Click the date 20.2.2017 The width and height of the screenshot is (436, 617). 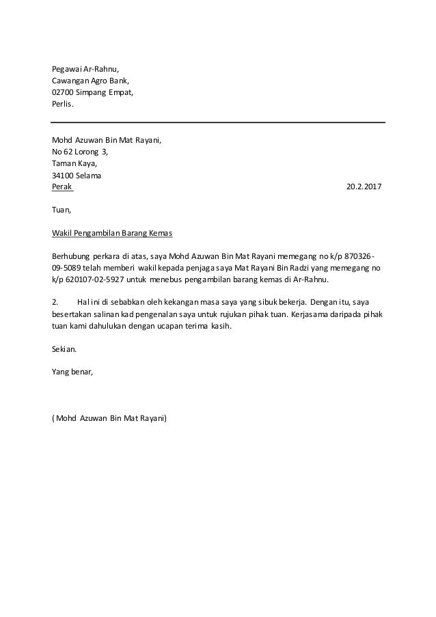coord(366,187)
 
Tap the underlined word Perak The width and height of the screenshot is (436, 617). coord(62,187)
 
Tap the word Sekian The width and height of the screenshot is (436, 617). coord(65,349)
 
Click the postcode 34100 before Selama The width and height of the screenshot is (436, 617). coord(64,175)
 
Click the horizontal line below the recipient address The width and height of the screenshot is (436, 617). coord(218,122)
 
